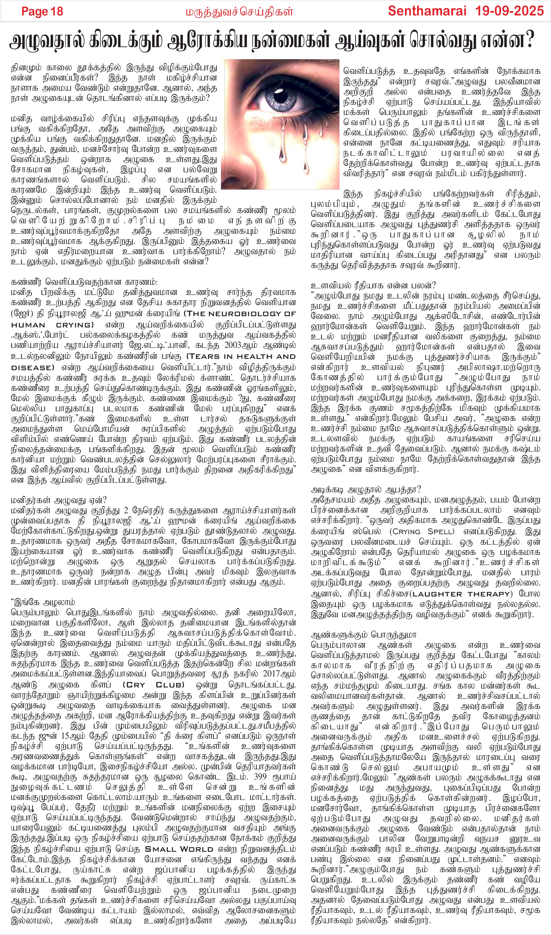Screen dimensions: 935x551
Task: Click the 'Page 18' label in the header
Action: point(42,12)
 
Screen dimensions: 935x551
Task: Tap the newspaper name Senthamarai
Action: point(427,11)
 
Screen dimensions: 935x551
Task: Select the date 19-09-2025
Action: point(509,11)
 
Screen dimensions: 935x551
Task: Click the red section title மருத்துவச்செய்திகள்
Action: point(239,12)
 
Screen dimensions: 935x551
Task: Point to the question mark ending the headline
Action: point(529,40)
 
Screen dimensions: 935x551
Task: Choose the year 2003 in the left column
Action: point(235,345)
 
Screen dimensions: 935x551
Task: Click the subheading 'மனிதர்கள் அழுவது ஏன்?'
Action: point(59,500)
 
